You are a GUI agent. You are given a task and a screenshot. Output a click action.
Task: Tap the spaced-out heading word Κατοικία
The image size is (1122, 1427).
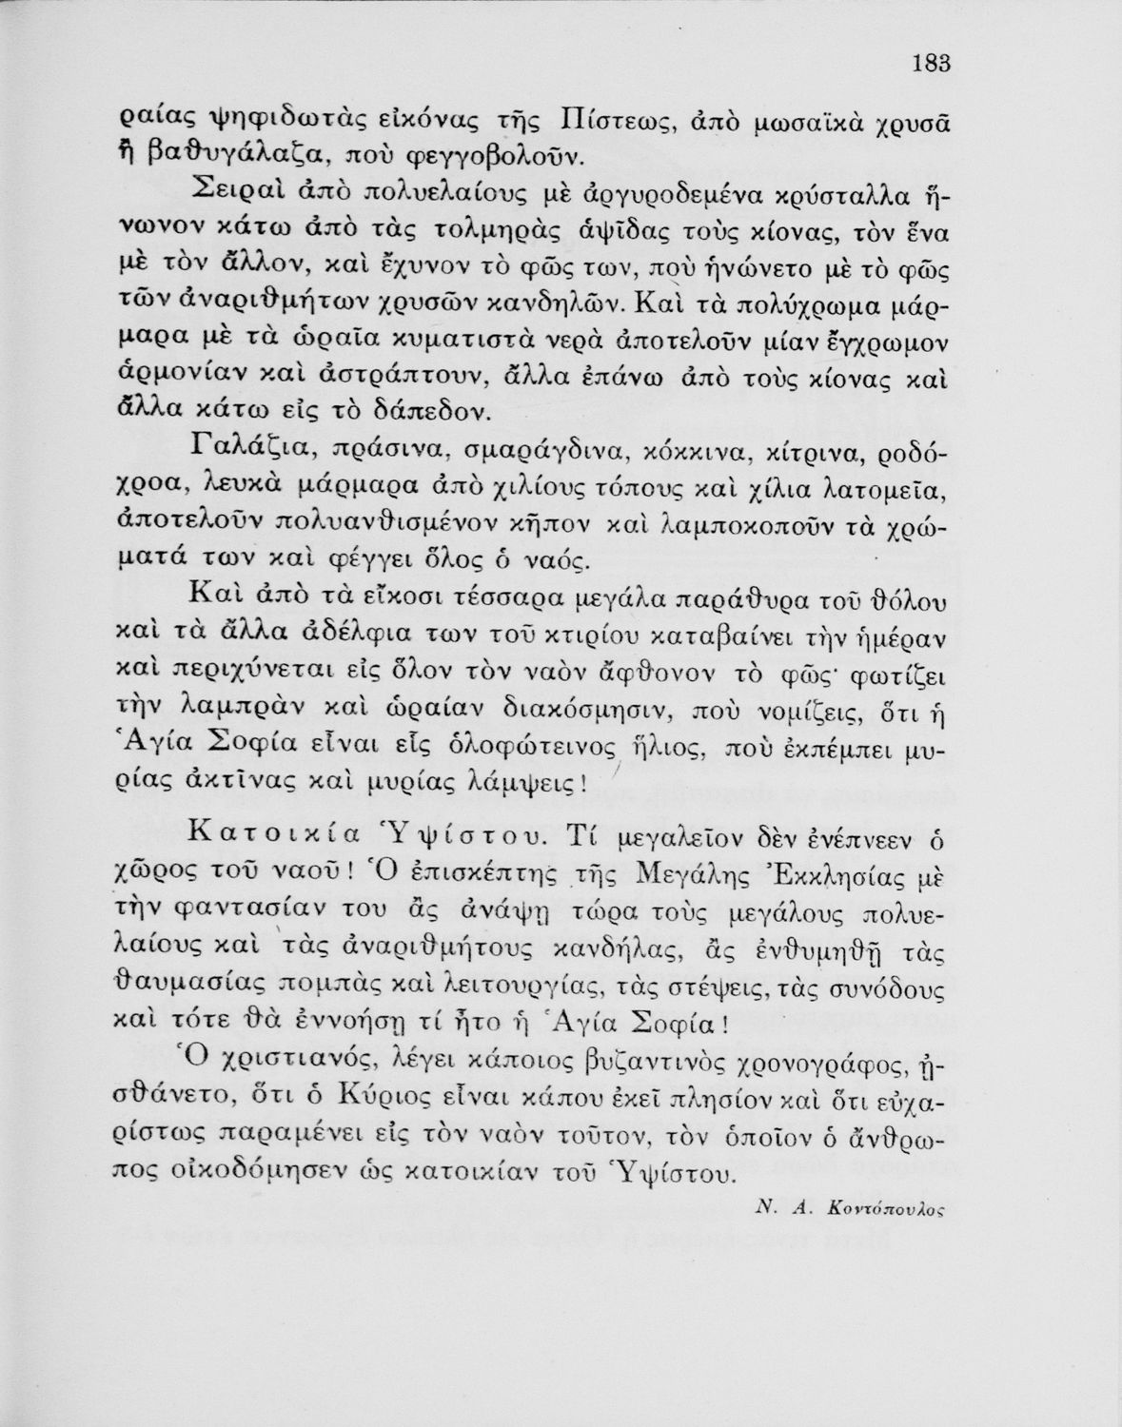tap(272, 836)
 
